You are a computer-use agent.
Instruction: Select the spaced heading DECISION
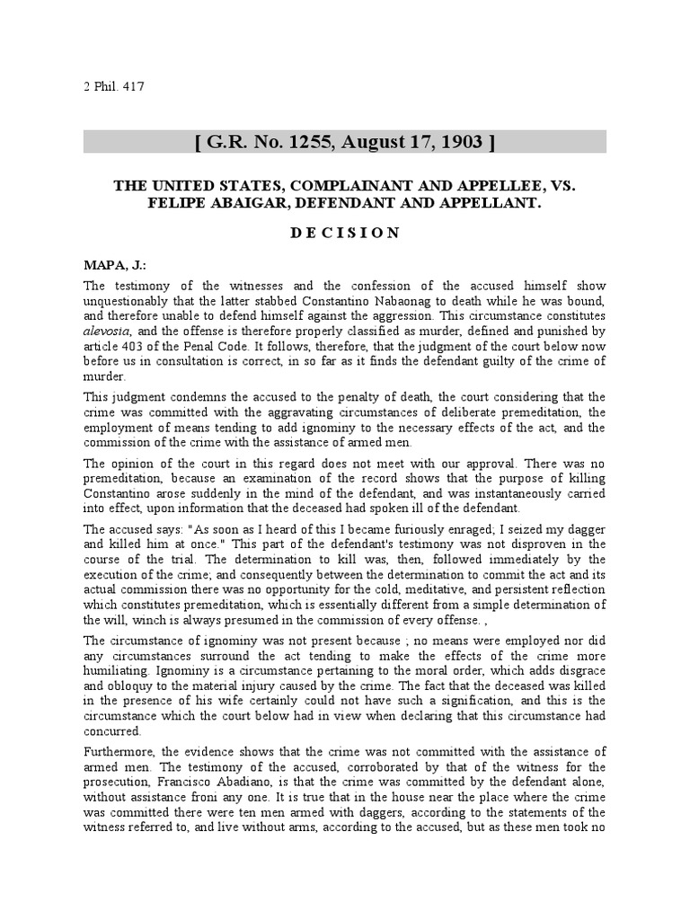click(344, 233)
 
